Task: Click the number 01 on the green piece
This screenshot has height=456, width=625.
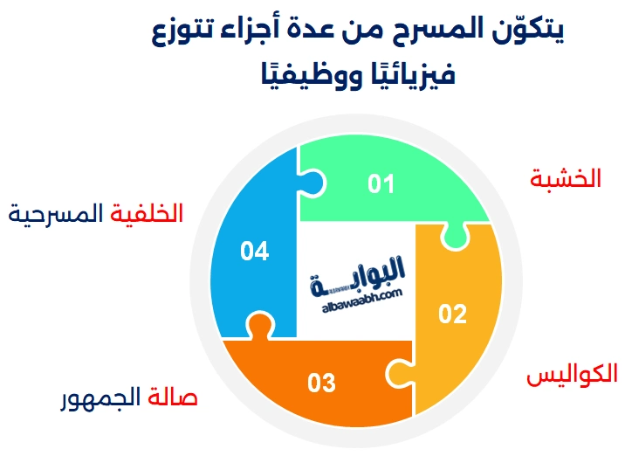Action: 381,184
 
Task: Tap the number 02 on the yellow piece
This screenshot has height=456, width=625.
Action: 452,314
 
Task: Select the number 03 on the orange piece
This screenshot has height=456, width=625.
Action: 321,383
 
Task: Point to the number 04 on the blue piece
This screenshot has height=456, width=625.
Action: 254,252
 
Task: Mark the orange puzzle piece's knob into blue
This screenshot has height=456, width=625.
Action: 255,324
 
